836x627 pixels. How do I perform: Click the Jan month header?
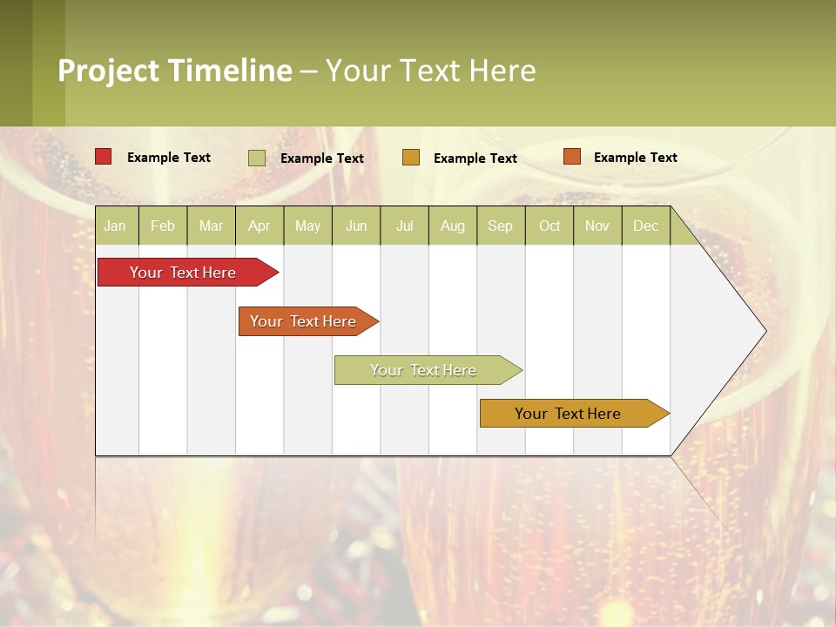[x=115, y=226]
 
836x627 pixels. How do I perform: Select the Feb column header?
[x=163, y=226]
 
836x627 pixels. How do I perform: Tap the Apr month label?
[x=259, y=226]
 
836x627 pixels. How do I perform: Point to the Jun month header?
[x=356, y=226]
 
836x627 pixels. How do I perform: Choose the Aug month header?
[x=452, y=226]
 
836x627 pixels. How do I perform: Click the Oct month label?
[x=549, y=226]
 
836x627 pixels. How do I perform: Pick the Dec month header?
[x=645, y=226]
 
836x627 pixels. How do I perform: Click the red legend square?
[x=103, y=157]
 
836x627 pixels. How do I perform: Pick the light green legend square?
[x=257, y=158]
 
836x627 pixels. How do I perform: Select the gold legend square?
[x=411, y=158]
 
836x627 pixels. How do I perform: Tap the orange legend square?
[x=571, y=157]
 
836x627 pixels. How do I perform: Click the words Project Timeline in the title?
[x=174, y=71]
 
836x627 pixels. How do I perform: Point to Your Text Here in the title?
[x=430, y=71]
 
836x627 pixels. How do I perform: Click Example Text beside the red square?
[x=169, y=158]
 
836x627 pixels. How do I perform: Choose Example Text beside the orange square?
[x=635, y=158]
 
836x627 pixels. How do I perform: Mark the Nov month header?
[x=597, y=226]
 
